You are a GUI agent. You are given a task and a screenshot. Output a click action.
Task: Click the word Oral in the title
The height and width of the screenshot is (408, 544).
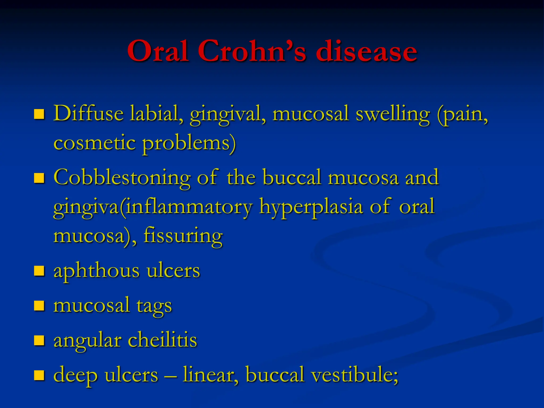(158, 51)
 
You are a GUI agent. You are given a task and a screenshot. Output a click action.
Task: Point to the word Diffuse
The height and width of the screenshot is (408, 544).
(88, 114)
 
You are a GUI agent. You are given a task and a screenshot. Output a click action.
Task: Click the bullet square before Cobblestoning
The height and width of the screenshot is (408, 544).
(39, 178)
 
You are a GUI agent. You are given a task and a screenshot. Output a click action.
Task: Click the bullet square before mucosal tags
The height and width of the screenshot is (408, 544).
(39, 306)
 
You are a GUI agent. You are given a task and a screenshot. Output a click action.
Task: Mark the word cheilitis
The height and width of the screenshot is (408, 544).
(163, 340)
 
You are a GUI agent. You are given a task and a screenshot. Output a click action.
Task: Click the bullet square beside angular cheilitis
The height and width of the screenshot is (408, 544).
(39, 340)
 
